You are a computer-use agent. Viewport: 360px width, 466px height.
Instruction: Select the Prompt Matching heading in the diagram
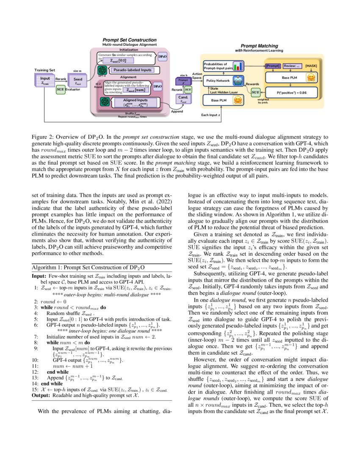259,46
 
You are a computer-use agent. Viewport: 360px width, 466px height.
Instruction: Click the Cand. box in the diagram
183,98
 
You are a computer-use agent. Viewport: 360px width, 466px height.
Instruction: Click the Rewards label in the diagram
252,84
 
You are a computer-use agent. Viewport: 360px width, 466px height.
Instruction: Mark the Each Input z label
211,115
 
